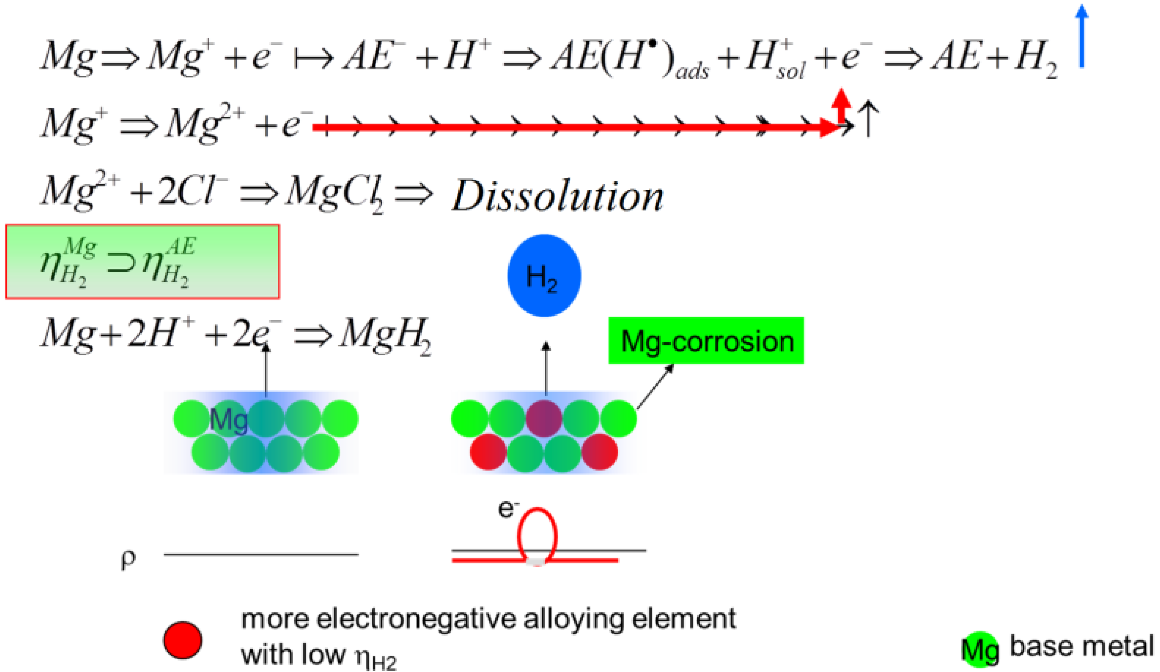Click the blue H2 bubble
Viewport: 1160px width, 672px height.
pos(544,276)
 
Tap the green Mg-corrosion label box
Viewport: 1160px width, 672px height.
pos(706,340)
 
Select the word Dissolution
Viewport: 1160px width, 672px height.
pos(557,196)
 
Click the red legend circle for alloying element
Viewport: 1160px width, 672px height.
pos(183,640)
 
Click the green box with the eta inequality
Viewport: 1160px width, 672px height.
pos(142,261)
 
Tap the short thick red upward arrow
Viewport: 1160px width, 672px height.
pos(842,105)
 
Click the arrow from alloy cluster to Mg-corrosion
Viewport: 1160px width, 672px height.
pos(655,387)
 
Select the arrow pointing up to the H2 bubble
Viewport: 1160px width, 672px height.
pos(546,368)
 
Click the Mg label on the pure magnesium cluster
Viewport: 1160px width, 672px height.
pos(229,420)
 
